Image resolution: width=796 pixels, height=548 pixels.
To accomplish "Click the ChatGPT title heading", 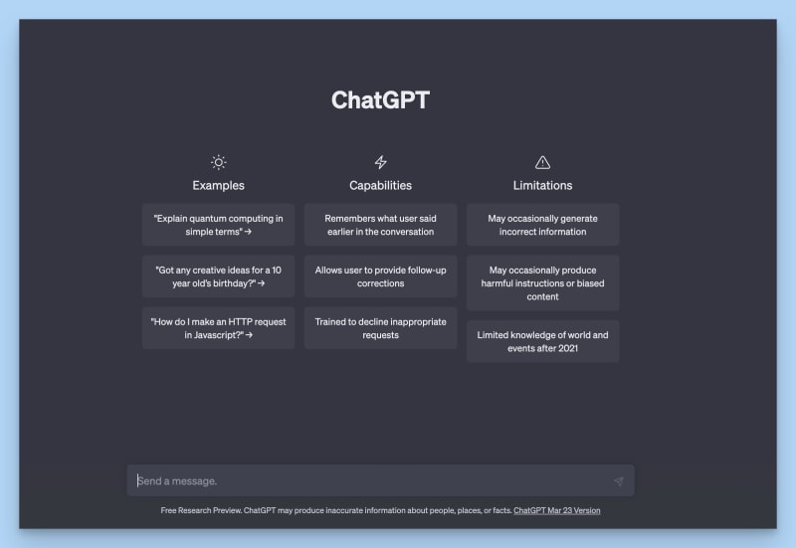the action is (x=380, y=100).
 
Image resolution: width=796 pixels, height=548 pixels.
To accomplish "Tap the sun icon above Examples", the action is (x=218, y=162).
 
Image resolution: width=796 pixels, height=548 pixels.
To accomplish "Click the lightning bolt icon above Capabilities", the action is (x=381, y=162).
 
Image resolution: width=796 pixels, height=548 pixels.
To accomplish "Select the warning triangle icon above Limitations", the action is (x=542, y=162).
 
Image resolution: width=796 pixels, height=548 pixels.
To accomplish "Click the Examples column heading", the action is (x=218, y=185).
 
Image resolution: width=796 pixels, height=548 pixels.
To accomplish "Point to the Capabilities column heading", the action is (x=381, y=185).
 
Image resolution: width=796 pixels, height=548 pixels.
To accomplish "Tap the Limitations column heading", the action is (x=542, y=185).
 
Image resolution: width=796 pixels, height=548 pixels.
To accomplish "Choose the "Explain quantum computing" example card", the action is (x=218, y=225).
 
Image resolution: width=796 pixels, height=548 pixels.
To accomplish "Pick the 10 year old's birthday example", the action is (x=218, y=276).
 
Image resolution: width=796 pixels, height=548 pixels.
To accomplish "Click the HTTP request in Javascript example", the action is (x=218, y=328).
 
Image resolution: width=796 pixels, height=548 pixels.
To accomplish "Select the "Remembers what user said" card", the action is (x=381, y=225).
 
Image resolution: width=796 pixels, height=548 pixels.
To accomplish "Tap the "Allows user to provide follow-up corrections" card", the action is (x=381, y=276).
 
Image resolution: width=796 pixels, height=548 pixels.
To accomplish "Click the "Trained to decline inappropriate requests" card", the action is (x=381, y=328).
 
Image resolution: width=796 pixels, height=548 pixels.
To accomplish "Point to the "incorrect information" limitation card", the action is (x=542, y=225).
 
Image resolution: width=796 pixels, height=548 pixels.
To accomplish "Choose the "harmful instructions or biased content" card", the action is (x=542, y=283).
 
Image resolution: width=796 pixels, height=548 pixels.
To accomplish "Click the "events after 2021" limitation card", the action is (x=542, y=341).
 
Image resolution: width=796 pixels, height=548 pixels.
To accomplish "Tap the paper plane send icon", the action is (x=618, y=481).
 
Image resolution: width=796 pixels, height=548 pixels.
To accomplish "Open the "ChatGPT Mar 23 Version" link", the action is (x=557, y=510).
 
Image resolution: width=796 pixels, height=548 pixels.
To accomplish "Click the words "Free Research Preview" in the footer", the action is (x=201, y=510).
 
